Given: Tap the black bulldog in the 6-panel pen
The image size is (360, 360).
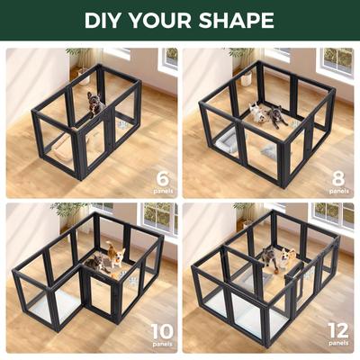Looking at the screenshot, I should point(94,104).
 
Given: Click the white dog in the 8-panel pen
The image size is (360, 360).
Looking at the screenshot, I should point(257,112).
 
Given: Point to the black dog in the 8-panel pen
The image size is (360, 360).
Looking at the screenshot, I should point(277,116).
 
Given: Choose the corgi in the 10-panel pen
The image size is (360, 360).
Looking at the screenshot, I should point(114,256).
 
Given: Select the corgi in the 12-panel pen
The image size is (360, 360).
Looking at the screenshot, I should point(287,258).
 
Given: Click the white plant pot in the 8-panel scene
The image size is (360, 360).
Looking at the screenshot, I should point(246,79).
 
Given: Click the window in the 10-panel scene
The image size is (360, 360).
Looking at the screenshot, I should point(157,216).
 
